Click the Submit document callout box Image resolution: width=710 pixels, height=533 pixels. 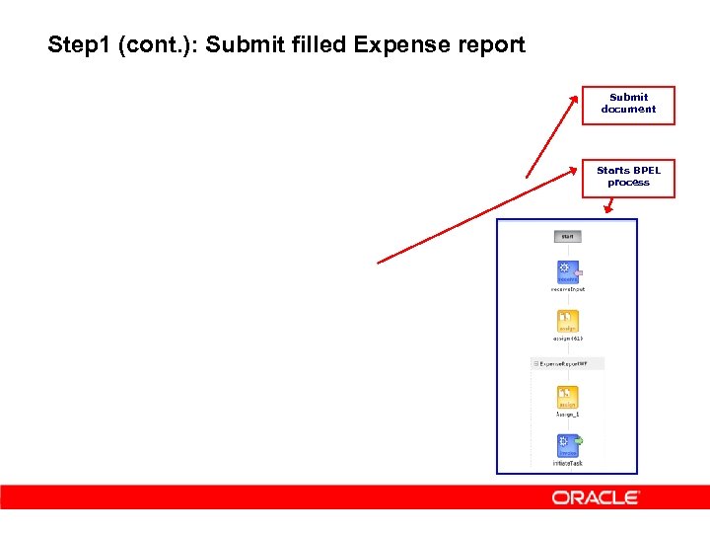coord(628,105)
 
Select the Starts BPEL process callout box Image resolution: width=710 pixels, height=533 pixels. coord(628,177)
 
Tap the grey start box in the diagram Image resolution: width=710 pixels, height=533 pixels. coord(567,237)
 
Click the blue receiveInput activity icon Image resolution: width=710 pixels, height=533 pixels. coord(567,272)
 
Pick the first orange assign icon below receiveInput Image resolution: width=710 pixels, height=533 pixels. coord(567,321)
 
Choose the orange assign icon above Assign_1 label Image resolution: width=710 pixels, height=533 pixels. coord(567,398)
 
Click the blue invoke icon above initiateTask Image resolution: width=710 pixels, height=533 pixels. coord(568,446)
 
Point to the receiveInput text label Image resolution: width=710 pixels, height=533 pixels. coord(567,289)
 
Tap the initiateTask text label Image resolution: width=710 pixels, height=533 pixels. coord(567,463)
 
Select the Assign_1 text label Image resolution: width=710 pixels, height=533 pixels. coord(567,415)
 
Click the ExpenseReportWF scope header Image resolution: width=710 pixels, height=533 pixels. coord(567,364)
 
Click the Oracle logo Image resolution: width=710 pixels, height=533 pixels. coord(596,498)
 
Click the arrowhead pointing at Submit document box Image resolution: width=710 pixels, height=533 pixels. coord(575,97)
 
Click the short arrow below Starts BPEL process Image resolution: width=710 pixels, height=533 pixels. coord(610,206)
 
